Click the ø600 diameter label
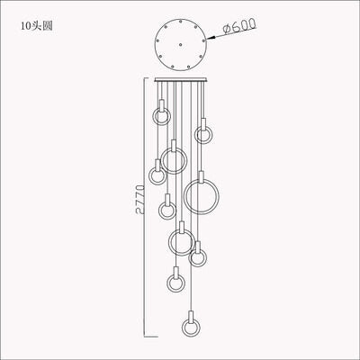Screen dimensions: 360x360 click(245, 30)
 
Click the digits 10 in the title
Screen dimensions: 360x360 click(24, 25)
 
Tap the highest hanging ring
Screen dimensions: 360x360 click(161, 117)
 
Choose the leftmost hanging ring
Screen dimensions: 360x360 click(159, 167)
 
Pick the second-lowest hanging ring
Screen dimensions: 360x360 click(175, 283)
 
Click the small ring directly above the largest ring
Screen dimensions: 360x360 click(202, 135)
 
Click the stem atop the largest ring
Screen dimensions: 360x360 click(201, 175)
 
